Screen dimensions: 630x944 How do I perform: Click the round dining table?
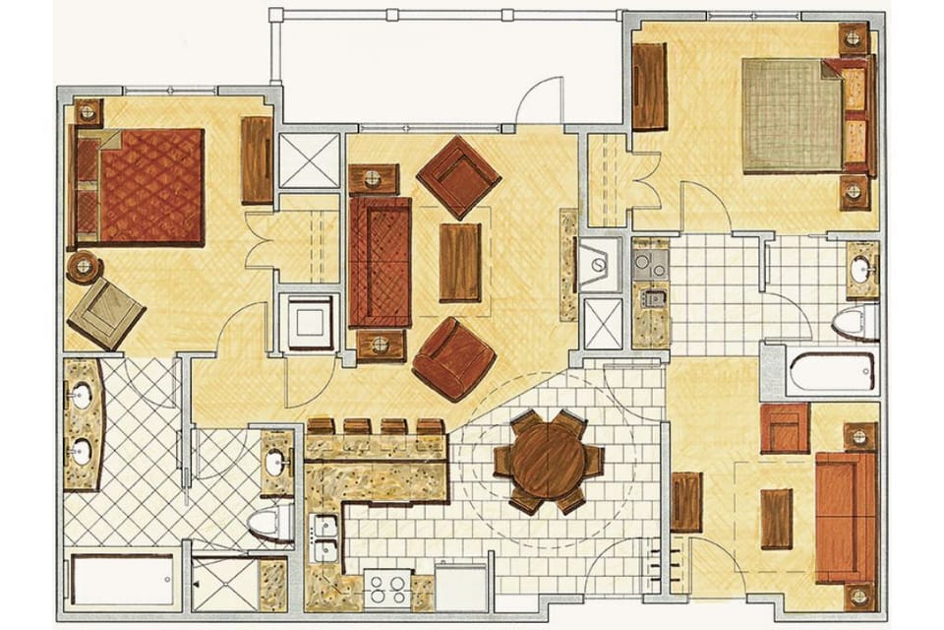(549, 461)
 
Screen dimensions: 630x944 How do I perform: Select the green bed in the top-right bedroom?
(793, 115)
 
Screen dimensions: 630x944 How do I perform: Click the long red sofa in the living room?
(380, 261)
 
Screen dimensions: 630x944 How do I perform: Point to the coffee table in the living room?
(460, 262)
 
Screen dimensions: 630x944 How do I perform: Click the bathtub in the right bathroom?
(832, 372)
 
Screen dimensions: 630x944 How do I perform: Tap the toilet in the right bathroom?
(854, 321)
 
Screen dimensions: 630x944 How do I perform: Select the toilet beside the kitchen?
(271, 522)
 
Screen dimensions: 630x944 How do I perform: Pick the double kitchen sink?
(324, 538)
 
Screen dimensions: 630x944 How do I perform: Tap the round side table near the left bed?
(84, 267)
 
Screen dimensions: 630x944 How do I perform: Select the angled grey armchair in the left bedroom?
(106, 312)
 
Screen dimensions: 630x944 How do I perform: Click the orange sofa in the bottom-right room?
(844, 517)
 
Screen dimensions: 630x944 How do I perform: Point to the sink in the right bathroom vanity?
(861, 269)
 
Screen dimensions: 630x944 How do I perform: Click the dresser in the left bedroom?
(257, 160)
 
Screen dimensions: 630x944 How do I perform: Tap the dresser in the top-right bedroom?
(649, 87)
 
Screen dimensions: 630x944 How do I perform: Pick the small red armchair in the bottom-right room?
(785, 428)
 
